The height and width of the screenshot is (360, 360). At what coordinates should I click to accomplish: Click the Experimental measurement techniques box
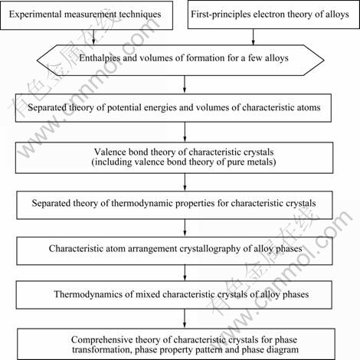87,15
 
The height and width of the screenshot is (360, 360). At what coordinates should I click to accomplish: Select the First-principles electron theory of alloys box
273,15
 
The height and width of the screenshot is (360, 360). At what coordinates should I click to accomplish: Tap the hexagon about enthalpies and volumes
181,61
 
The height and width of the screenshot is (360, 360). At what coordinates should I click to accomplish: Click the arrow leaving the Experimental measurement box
93,38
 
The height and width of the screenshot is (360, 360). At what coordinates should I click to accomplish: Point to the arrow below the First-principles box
253,37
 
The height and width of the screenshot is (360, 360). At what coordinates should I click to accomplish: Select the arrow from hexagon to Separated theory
185,84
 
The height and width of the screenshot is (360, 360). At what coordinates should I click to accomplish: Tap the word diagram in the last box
283,350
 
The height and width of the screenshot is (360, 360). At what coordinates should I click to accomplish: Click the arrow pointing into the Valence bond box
185,132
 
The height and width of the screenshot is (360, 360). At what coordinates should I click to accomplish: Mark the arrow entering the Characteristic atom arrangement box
185,227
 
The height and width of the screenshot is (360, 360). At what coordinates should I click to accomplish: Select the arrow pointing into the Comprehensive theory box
185,319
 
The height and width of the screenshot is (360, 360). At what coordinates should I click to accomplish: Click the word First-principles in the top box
221,15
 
